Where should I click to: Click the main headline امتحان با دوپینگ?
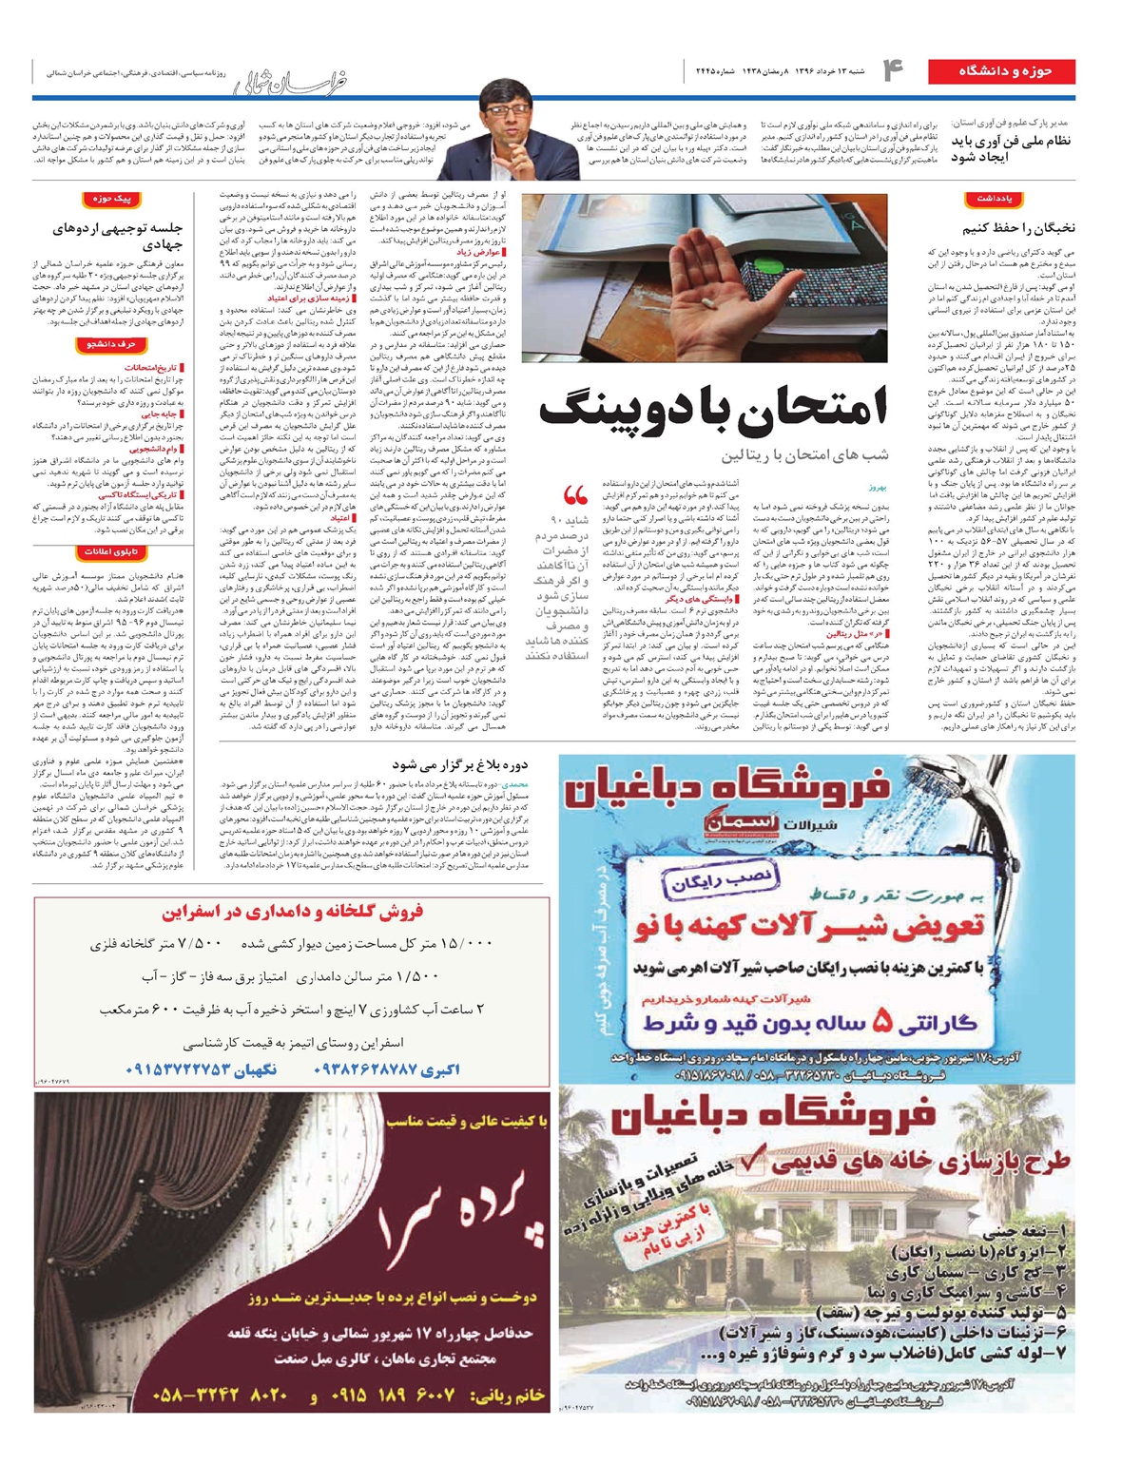coord(712,410)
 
